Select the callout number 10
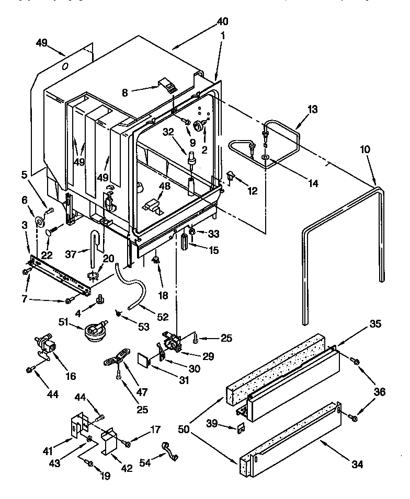(365, 150)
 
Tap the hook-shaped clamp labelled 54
(170, 451)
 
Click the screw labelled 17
(128, 444)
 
